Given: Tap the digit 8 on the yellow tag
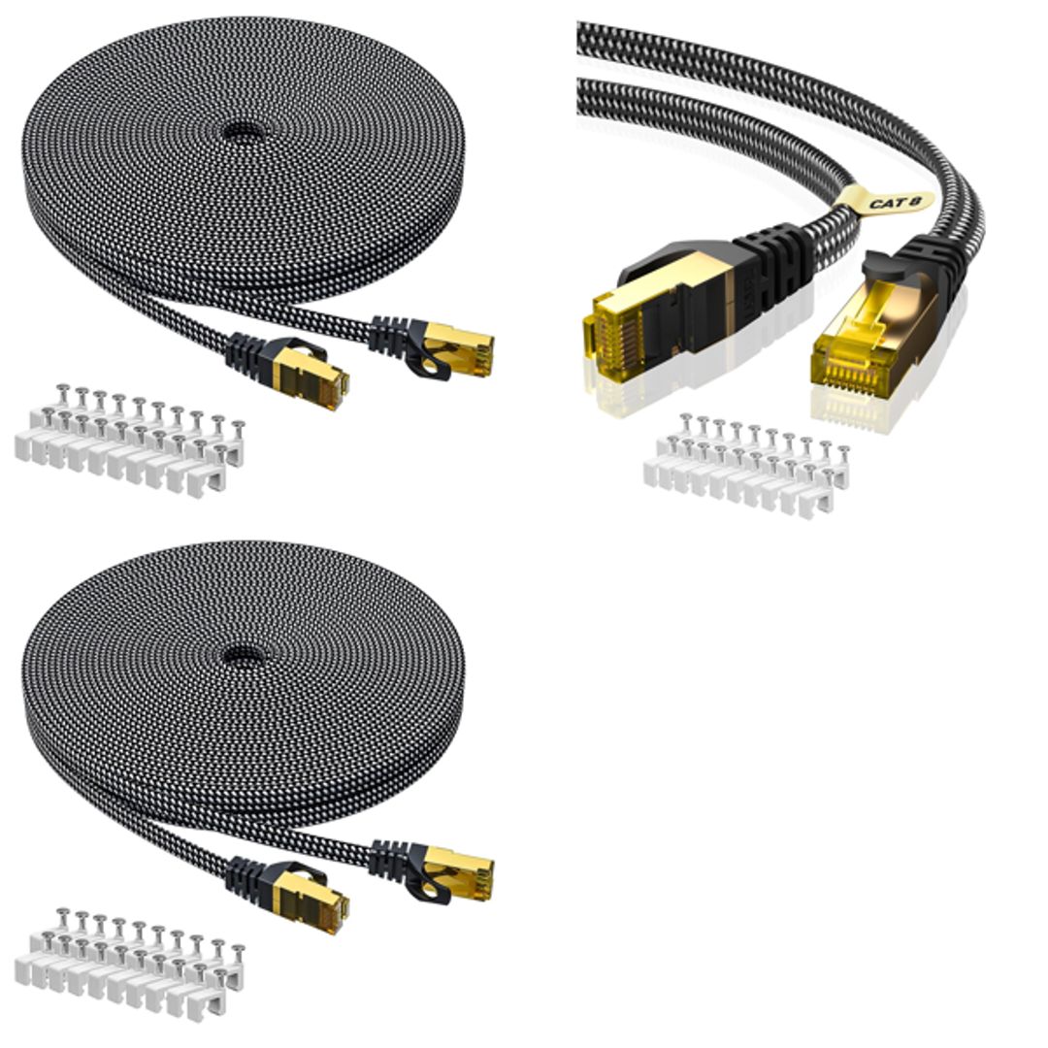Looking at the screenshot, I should (914, 200).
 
